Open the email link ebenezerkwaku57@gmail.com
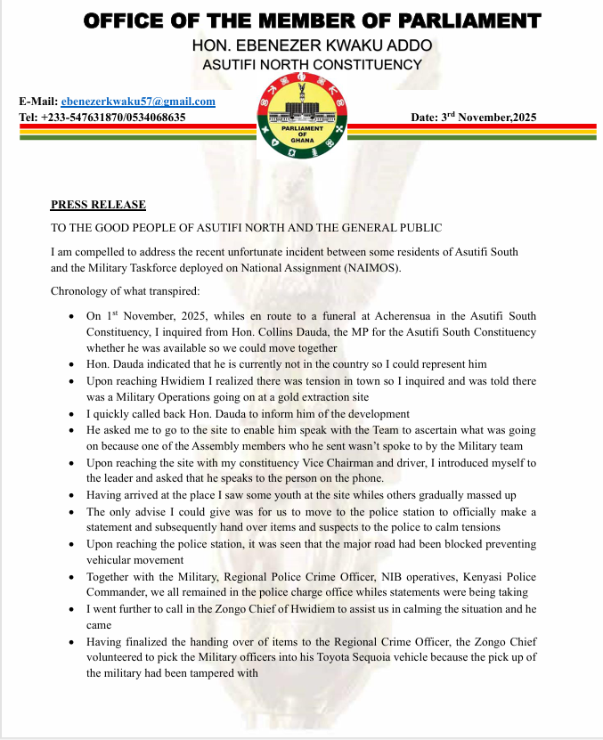coord(138,102)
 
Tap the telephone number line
coord(102,117)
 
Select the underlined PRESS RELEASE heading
coord(98,206)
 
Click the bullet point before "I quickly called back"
coord(72,414)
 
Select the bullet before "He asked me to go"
coord(72,431)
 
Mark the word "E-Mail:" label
coord(37,102)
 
